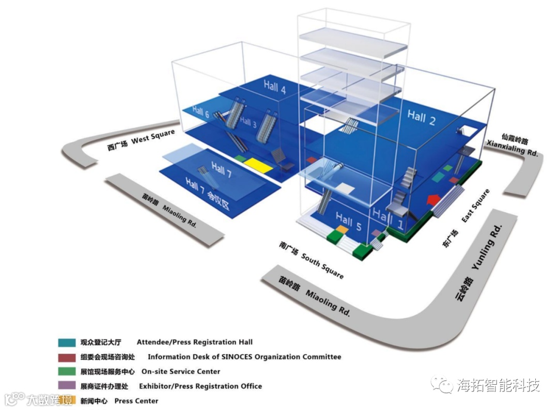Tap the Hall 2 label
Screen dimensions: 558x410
[421, 117]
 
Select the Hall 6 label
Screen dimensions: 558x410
[201, 112]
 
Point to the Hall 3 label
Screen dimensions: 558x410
[248, 123]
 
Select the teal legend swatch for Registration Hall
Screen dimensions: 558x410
[67, 342]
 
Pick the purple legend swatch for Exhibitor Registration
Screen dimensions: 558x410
[67, 386]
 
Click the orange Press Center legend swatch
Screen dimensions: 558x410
[67, 400]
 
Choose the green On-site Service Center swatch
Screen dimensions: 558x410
[67, 371]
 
